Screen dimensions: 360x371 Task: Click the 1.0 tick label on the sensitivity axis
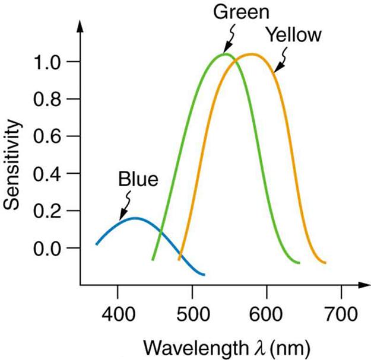coord(49,62)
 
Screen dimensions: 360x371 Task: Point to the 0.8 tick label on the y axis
coord(49,99)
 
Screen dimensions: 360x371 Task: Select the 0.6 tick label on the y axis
coord(49,136)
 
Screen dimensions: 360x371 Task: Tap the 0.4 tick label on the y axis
coord(49,174)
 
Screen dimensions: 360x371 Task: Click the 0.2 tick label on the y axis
coord(49,211)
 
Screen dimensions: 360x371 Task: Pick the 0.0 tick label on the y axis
coord(49,248)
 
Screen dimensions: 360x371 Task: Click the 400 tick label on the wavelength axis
coord(118,310)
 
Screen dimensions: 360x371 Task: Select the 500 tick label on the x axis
coord(192,310)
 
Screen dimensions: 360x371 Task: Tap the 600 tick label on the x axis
coord(267,310)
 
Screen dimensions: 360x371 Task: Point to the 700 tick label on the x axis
coord(341,310)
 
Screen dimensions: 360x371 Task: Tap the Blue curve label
coord(138,179)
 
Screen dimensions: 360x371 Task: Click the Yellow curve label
coord(294,34)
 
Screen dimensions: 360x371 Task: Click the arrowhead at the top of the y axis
coord(81,27)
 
